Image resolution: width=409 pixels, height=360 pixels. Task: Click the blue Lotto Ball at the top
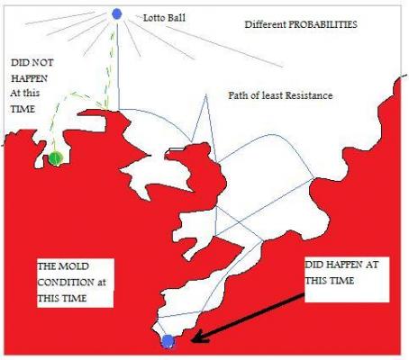pos(116,13)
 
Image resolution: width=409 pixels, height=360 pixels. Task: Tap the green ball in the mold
pos(56,158)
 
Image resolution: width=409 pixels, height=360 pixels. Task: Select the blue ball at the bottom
pos(168,341)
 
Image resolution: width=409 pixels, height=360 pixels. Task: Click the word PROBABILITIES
pos(323,24)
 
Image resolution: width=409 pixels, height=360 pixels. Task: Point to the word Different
pos(265,24)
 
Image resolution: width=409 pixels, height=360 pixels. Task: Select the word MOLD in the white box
pos(74,266)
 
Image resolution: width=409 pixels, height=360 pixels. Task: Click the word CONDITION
pos(66,283)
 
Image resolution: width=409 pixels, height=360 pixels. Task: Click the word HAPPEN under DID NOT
pos(29,78)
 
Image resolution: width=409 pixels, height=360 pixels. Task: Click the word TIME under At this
pos(23,109)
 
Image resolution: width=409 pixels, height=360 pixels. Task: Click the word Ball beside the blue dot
pos(176,18)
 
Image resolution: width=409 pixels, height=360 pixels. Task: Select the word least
pos(273,95)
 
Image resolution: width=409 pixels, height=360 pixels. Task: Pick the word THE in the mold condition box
pos(47,266)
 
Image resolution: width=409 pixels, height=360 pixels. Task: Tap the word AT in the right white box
pos(372,265)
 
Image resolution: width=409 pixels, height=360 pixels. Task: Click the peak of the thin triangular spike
pos(206,94)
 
